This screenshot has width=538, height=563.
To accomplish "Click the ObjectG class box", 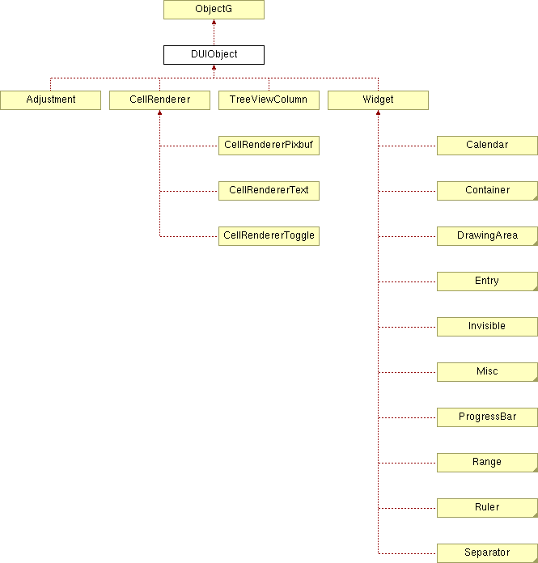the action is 214,10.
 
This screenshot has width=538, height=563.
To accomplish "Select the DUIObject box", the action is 214,55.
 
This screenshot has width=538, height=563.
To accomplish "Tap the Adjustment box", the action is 51,100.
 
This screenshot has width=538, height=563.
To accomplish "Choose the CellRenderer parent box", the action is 160,100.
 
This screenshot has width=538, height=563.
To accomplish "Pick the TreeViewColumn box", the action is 269,100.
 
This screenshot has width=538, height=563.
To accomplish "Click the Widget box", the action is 378,100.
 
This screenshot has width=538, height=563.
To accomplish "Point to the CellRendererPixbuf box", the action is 269,146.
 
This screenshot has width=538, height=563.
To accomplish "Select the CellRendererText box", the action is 269,191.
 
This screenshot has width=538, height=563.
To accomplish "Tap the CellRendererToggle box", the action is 269,236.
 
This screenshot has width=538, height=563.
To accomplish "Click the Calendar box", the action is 487,146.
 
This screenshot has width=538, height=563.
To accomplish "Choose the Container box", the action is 487,191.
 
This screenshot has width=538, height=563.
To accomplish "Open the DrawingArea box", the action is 487,236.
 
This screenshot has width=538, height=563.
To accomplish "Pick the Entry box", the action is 487,281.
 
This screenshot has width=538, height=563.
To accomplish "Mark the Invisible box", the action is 487,327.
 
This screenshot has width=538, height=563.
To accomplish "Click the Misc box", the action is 487,372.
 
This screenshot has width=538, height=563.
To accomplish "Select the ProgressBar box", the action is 487,417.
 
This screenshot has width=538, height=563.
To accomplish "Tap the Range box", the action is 487,463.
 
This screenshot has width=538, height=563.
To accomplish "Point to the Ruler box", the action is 487,508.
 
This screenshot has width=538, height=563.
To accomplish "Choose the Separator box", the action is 487,553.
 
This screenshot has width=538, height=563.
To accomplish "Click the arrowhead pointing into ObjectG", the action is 214,22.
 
